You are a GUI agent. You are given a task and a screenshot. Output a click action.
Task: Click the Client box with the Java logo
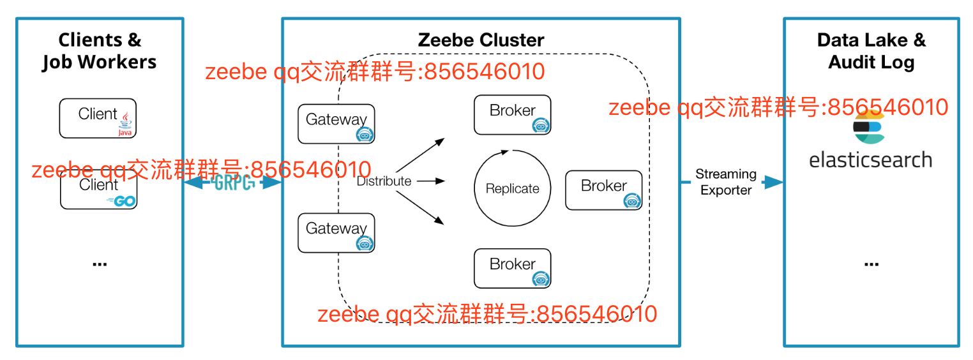pyautogui.click(x=98, y=118)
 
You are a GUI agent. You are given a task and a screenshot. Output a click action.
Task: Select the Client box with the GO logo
pyautogui.click(x=98, y=190)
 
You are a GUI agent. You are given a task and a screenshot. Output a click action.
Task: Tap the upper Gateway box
pyautogui.click(x=336, y=124)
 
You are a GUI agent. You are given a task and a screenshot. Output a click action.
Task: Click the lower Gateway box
pyautogui.click(x=336, y=233)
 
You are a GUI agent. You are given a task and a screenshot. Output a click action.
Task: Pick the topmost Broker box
pyautogui.click(x=512, y=115)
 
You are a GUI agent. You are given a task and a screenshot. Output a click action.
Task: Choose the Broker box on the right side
pyautogui.click(x=603, y=190)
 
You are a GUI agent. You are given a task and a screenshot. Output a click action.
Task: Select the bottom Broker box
pyautogui.click(x=512, y=268)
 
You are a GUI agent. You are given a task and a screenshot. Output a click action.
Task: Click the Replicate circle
pyautogui.click(x=512, y=188)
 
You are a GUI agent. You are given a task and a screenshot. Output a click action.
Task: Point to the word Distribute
pyautogui.click(x=384, y=181)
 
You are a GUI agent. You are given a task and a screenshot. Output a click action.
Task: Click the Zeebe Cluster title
pyautogui.click(x=481, y=40)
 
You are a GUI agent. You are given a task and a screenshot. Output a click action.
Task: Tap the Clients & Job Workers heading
pyautogui.click(x=100, y=51)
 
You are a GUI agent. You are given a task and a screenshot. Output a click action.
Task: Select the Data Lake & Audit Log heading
pyautogui.click(x=871, y=51)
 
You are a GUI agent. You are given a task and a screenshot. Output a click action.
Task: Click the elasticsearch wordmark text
pyautogui.click(x=870, y=159)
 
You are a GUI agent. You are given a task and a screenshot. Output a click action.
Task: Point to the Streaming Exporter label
pyautogui.click(x=725, y=182)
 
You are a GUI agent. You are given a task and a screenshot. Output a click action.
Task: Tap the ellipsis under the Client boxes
pyautogui.click(x=100, y=264)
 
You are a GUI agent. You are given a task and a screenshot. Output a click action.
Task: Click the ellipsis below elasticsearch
pyautogui.click(x=871, y=264)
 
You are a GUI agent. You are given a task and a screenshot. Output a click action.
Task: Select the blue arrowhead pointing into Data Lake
pyautogui.click(x=774, y=183)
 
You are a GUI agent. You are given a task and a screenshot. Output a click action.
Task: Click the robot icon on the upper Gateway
pyautogui.click(x=365, y=135)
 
